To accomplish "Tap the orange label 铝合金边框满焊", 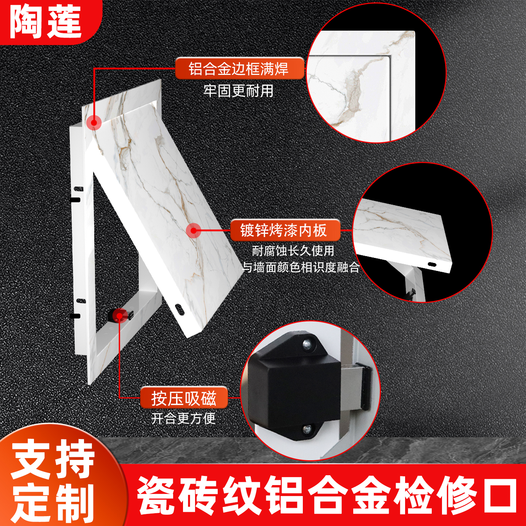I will point(239,69).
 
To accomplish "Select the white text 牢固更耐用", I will point(238,91).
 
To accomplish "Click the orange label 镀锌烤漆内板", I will point(284,230).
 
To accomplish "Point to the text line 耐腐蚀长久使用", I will point(293,251).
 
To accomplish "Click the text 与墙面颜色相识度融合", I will point(301,267).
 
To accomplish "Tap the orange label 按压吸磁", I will point(184,398).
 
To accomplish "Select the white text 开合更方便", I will point(183,418).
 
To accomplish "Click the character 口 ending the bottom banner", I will point(500,496).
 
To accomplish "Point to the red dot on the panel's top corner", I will point(94,123).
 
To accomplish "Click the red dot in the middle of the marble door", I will point(194,230).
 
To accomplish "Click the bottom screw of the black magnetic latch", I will point(308,428).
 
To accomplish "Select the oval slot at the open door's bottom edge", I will point(179,309).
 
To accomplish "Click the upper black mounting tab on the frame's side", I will point(75,200).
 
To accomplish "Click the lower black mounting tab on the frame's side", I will point(75,316).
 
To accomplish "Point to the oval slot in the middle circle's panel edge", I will point(432,264).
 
